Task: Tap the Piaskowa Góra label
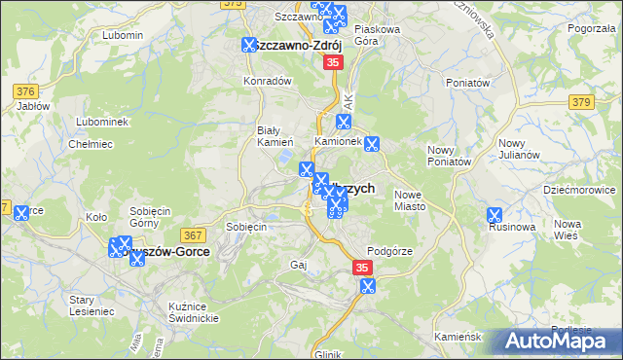click(x=378, y=35)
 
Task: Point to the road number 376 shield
click(x=25, y=91)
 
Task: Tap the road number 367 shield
click(x=191, y=235)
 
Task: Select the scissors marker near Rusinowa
click(x=495, y=215)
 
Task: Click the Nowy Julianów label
click(x=449, y=155)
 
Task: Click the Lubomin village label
click(x=122, y=35)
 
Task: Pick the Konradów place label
click(x=268, y=81)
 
